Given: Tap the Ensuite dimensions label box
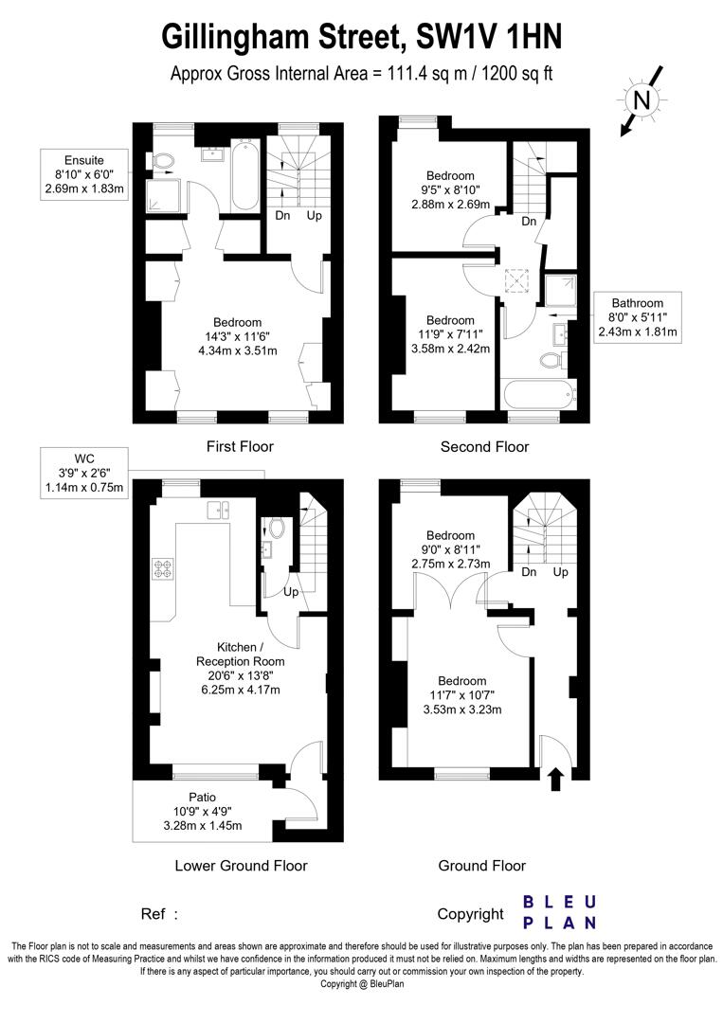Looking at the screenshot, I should click(84, 174).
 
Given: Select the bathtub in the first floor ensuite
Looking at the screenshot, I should click(244, 176).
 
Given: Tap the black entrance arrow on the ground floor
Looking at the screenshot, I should click(555, 779).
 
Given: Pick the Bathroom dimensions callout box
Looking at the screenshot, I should click(637, 317).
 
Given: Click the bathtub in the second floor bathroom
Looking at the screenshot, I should click(537, 392).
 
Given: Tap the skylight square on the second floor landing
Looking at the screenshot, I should click(516, 279).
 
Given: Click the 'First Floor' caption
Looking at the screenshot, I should click(239, 446).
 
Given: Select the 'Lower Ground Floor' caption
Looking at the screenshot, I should click(241, 865).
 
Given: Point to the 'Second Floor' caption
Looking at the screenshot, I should click(484, 446).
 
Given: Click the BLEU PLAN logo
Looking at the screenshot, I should click(560, 911).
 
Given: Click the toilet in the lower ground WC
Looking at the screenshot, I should click(277, 527).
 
